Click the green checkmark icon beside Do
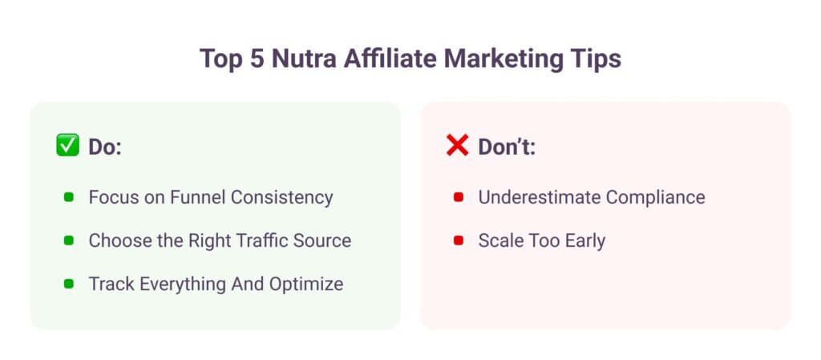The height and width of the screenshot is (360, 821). pyautogui.click(x=67, y=145)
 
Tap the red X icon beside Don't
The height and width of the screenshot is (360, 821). pyautogui.click(x=458, y=145)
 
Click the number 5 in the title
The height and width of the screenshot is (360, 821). pyautogui.click(x=257, y=59)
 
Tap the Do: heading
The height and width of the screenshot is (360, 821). pyautogui.click(x=105, y=147)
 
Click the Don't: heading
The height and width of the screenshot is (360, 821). pyautogui.click(x=507, y=147)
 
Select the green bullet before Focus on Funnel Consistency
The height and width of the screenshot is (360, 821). pyautogui.click(x=69, y=197)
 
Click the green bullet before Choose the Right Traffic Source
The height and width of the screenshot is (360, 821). pyautogui.click(x=69, y=241)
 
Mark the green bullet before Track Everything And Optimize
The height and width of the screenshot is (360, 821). pyautogui.click(x=69, y=284)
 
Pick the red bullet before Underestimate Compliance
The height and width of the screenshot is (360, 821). pyautogui.click(x=459, y=197)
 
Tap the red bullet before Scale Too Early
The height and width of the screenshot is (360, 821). pyautogui.click(x=459, y=241)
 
